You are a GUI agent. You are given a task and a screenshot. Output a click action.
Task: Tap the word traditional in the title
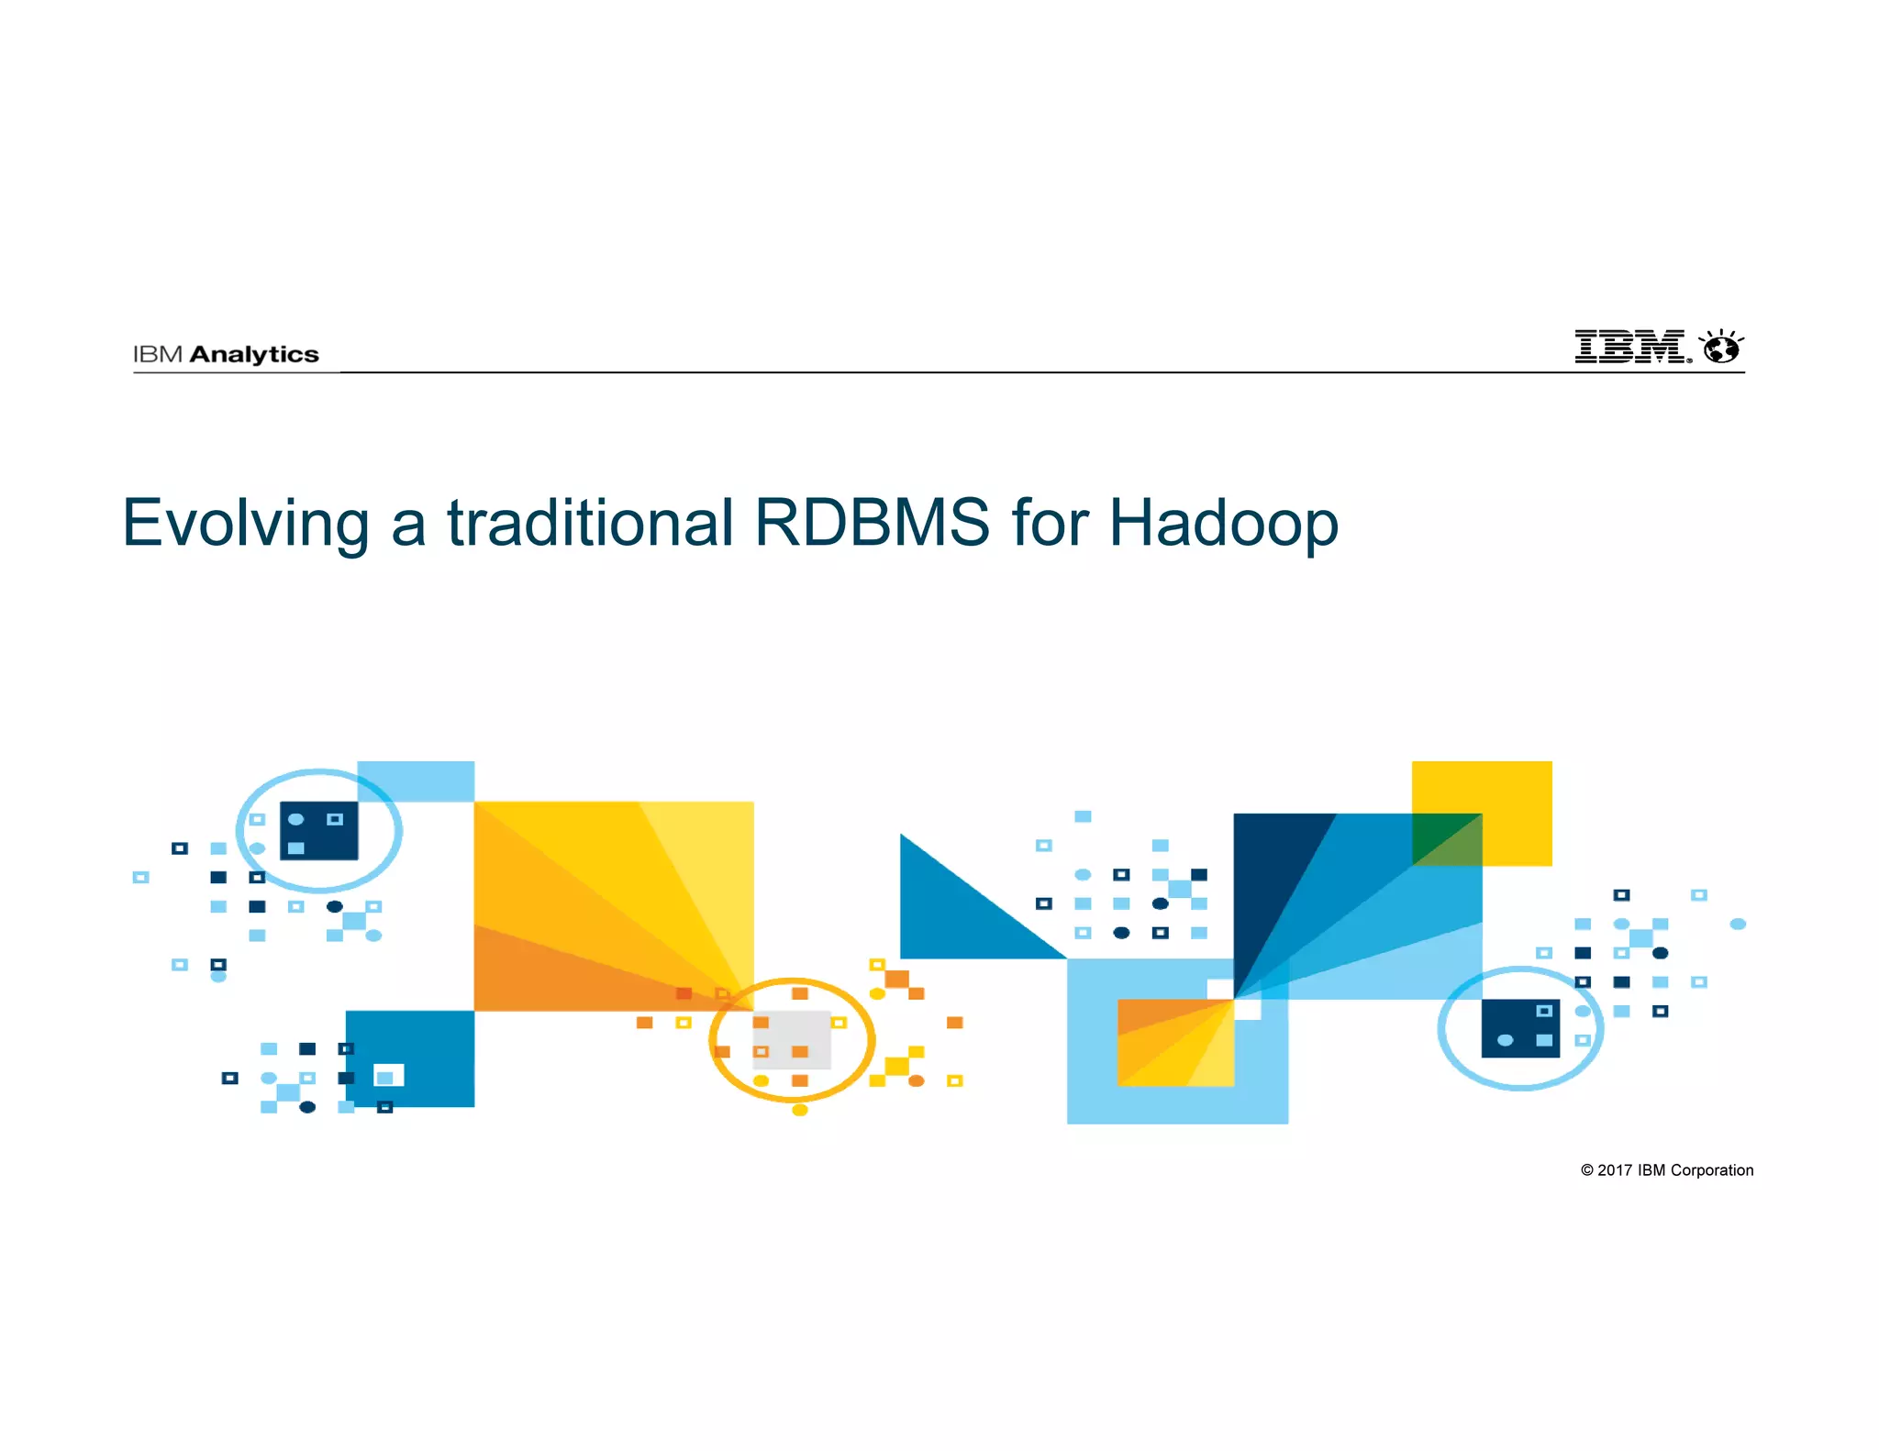coord(590,523)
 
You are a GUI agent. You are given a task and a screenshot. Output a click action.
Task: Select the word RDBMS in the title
coord(872,523)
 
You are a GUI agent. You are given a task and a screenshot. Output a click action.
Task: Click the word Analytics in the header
coord(254,354)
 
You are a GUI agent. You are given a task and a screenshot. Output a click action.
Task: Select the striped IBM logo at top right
coord(1630,347)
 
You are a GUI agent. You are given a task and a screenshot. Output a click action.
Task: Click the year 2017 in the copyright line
coord(1614,1170)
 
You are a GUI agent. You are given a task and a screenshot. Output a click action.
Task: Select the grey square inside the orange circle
coord(793,1040)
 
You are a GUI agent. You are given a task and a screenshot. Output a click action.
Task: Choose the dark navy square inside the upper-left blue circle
coord(318,831)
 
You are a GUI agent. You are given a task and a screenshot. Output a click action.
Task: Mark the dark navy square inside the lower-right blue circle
coord(1520,1028)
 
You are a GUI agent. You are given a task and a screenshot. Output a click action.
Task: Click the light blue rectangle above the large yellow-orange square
coord(416,781)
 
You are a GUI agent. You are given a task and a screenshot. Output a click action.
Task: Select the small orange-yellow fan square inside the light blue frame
coord(1175,1043)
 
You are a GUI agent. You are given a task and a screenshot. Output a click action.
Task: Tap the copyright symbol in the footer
coord(1586,1170)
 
